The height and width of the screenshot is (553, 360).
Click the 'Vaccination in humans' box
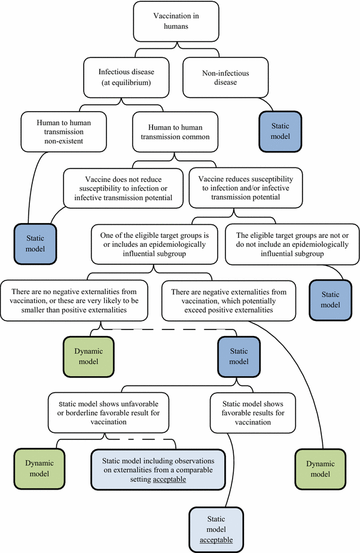click(x=180, y=22)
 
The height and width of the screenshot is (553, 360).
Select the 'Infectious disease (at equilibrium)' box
click(x=125, y=77)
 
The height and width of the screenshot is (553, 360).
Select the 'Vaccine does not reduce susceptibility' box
click(x=123, y=188)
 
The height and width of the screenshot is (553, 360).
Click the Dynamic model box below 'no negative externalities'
click(x=89, y=358)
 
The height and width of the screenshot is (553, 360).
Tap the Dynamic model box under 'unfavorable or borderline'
click(x=39, y=469)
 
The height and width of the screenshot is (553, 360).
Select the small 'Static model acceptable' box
click(x=216, y=528)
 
